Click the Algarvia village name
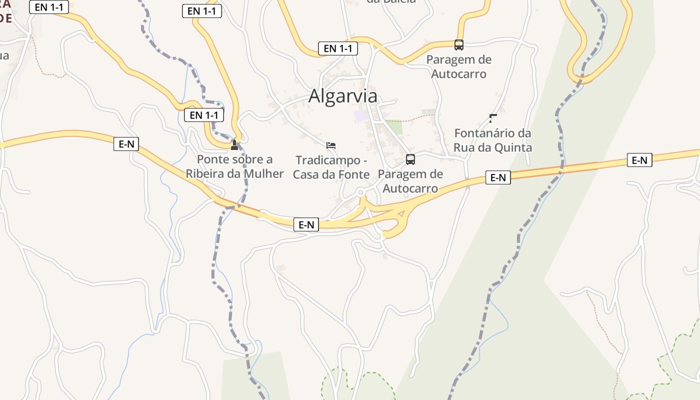pyautogui.click(x=342, y=96)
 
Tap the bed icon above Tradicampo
pyautogui.click(x=330, y=145)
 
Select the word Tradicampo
pyautogui.click(x=327, y=160)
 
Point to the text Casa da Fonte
pyautogui.click(x=331, y=174)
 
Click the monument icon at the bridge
pyautogui.click(x=234, y=145)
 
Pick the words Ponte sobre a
pyautogui.click(x=234, y=159)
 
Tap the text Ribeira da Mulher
pyautogui.click(x=234, y=173)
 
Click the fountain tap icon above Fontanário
pyautogui.click(x=493, y=118)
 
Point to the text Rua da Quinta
pyautogui.click(x=492, y=147)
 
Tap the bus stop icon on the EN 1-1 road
pyautogui.click(x=459, y=45)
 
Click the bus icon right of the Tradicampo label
pyautogui.click(x=410, y=159)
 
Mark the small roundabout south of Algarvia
pyautogui.click(x=360, y=192)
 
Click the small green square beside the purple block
pyautogui.click(x=394, y=127)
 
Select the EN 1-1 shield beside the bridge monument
pyautogui.click(x=204, y=115)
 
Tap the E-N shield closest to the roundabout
pyautogui.click(x=306, y=225)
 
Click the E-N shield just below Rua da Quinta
pyautogui.click(x=498, y=177)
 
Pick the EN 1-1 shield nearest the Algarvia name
pyautogui.click(x=338, y=48)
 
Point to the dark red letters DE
pyautogui.click(x=6, y=18)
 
